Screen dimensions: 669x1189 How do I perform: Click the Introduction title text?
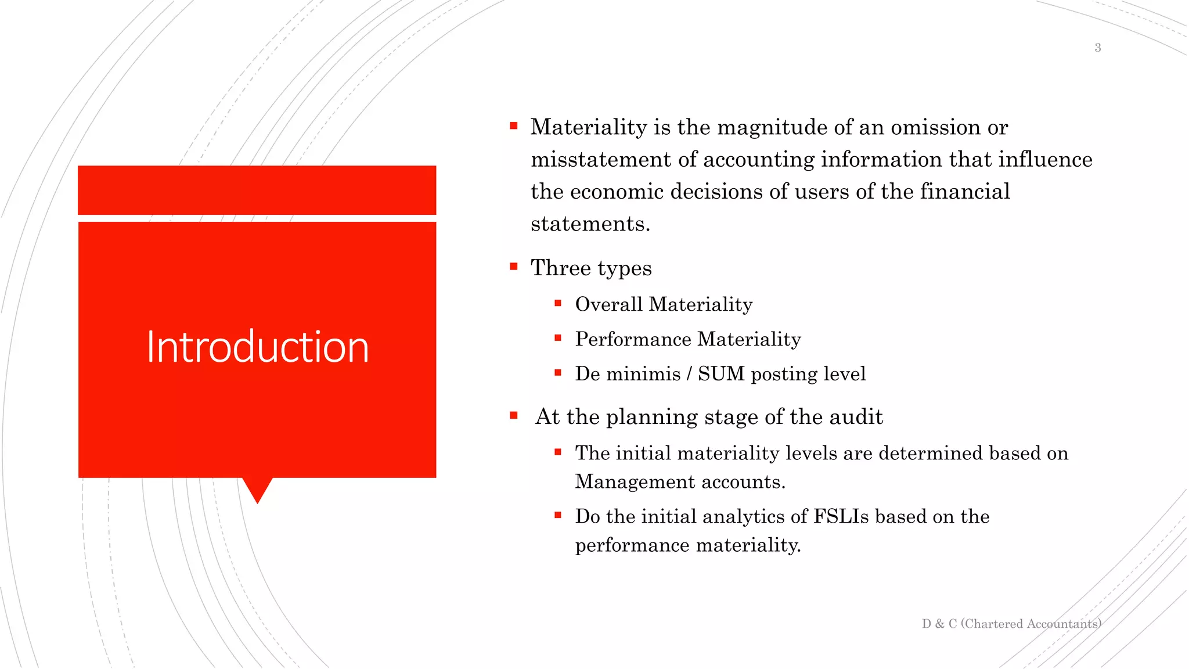click(x=257, y=347)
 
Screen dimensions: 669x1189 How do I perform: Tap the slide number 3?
click(x=1097, y=48)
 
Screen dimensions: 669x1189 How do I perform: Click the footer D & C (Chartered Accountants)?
click(x=1011, y=624)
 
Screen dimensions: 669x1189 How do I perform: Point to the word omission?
click(x=936, y=127)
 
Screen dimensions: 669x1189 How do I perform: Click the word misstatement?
click(x=601, y=160)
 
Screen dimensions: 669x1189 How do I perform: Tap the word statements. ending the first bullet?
click(x=590, y=224)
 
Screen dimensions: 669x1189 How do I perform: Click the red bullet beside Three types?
click(x=514, y=267)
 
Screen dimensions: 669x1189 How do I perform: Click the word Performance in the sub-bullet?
click(x=633, y=339)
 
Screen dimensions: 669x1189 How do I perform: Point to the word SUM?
click(x=721, y=374)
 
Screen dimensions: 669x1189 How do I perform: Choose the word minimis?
click(x=643, y=374)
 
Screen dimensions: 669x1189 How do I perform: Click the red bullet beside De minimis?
click(x=558, y=373)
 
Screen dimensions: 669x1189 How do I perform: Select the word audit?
click(x=856, y=417)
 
